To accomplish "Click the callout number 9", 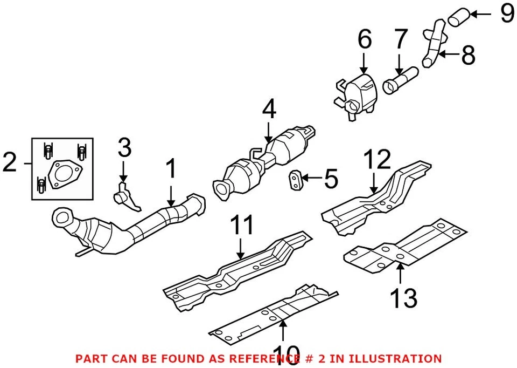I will coord(506,13).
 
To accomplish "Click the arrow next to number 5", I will coord(311,177).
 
